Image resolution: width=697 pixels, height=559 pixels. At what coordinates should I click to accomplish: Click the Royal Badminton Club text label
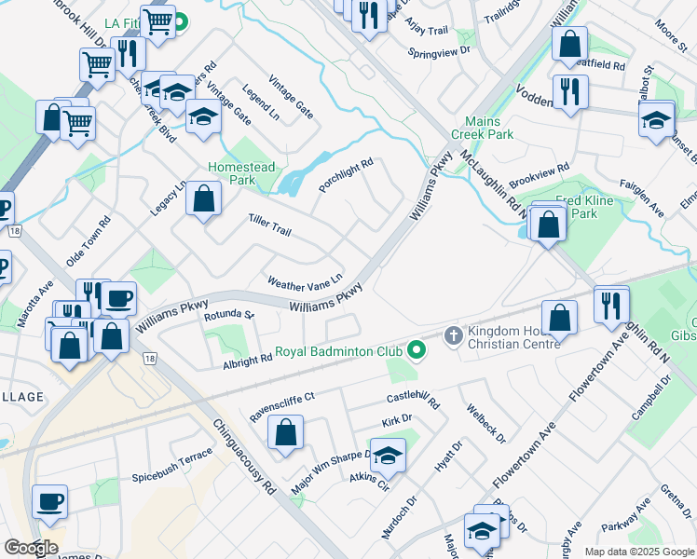338,352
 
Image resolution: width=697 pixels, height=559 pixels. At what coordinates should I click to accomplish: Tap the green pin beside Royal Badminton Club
416,351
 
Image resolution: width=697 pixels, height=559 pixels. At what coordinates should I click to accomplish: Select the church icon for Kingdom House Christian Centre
453,334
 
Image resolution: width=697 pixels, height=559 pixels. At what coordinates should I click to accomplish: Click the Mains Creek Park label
489,128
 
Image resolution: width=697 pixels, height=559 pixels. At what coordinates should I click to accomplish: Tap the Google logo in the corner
30,547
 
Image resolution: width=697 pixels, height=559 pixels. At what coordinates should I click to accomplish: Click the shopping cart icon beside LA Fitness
158,20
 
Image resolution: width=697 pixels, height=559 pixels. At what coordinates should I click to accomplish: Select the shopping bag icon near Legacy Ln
203,199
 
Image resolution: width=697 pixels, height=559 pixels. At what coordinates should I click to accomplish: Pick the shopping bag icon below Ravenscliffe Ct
285,433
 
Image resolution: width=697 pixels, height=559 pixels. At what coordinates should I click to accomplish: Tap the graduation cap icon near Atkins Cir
389,456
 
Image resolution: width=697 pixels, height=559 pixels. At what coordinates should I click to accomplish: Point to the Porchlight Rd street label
346,174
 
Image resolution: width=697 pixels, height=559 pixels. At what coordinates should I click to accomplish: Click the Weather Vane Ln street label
305,280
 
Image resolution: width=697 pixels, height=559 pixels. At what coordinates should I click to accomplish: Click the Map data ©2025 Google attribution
638,552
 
